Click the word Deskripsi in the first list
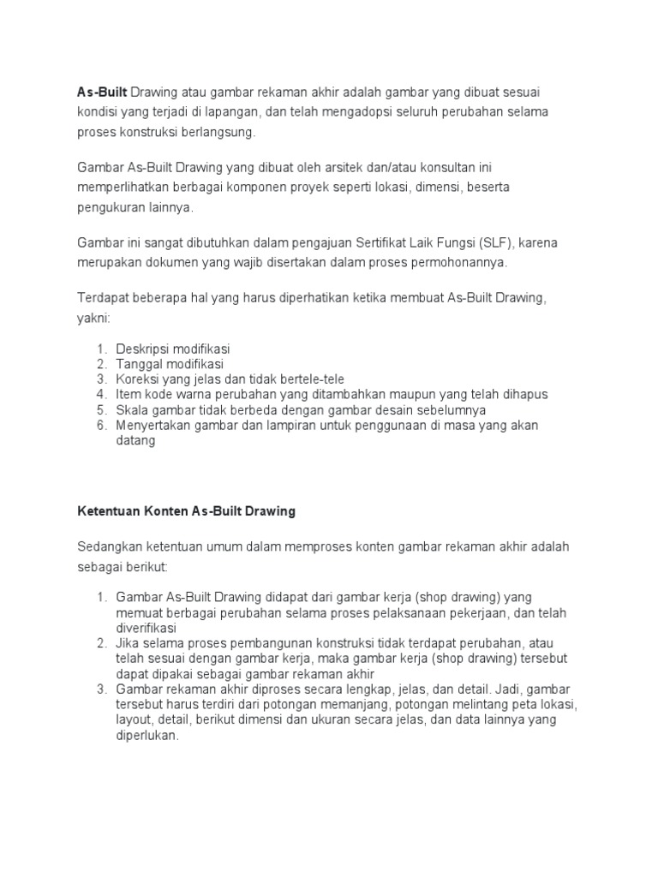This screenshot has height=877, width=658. (143, 349)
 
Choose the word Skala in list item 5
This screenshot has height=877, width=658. (133, 409)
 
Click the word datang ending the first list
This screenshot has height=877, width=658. (135, 440)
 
